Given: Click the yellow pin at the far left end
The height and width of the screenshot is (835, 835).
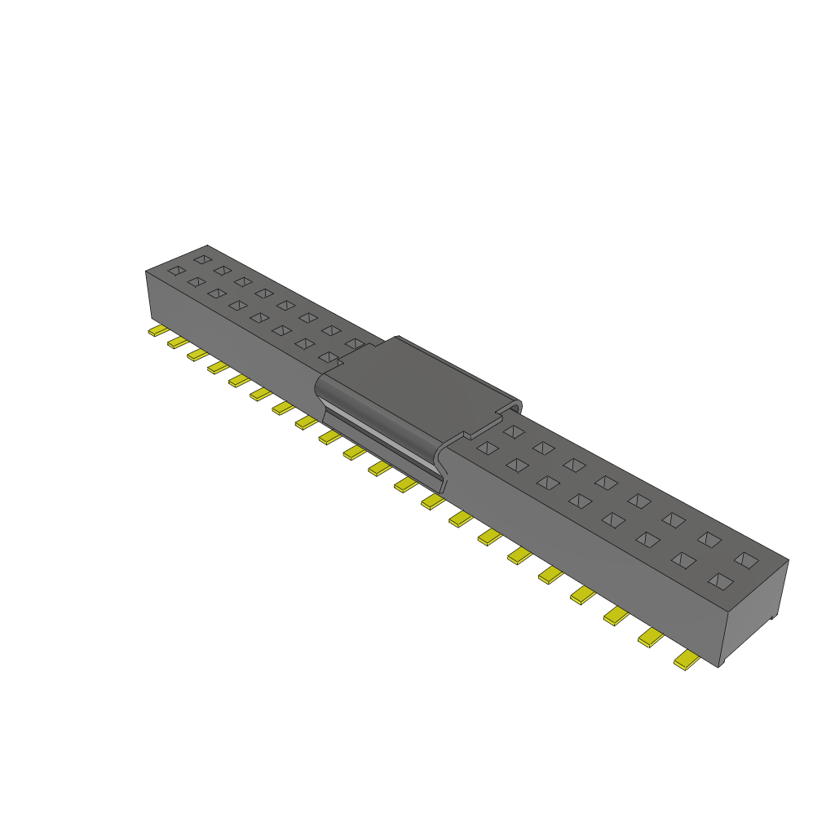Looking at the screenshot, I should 156,331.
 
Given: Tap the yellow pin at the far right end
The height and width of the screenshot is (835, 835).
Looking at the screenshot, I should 687,660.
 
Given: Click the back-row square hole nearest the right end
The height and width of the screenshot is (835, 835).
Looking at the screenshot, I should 745,559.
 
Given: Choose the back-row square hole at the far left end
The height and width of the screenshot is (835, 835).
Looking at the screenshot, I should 202,259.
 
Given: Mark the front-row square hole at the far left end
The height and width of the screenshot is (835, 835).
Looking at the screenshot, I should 175,270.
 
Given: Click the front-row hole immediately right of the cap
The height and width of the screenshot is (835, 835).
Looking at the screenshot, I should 487,447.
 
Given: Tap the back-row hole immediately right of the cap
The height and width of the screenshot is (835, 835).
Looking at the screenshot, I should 513,431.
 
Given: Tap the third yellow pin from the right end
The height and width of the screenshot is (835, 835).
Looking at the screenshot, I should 616,616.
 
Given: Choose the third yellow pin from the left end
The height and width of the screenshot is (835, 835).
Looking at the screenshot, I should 197,355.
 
